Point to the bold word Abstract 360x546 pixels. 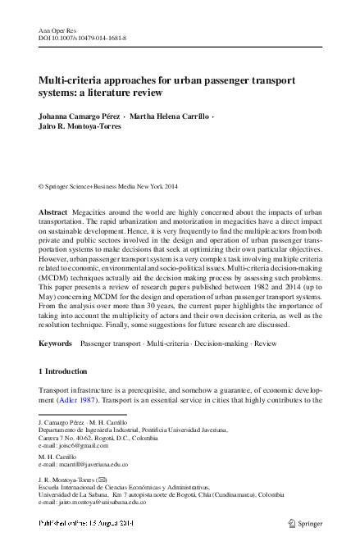coord(53,212)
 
